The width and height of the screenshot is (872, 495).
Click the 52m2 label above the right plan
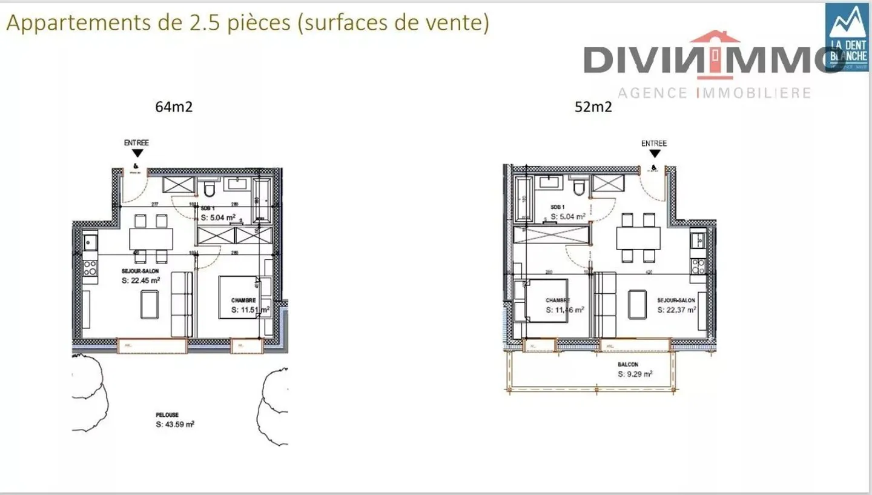(593, 108)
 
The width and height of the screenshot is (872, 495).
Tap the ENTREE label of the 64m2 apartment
(136, 143)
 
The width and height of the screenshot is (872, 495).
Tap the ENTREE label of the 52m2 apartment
(653, 144)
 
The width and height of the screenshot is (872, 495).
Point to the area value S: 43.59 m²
(174, 425)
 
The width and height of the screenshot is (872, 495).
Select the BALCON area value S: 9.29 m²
(635, 374)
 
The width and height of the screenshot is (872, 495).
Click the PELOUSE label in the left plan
(167, 415)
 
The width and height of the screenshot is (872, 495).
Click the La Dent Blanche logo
(847, 36)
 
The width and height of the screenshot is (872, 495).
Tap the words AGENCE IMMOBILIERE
(714, 93)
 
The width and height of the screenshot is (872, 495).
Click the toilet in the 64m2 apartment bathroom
(210, 190)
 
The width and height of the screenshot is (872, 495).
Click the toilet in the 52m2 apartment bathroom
(578, 188)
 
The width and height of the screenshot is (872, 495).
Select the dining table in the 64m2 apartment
(151, 238)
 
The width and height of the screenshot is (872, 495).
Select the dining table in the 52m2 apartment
(638, 238)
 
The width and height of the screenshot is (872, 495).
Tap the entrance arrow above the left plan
(138, 154)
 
